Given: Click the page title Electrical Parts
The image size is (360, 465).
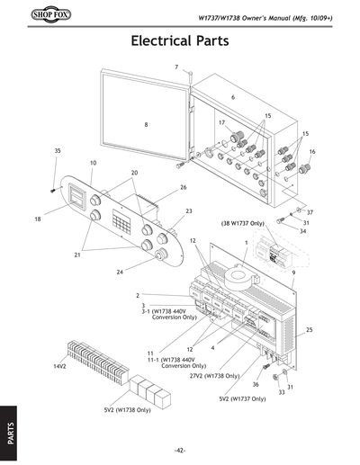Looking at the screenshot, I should coord(180,41).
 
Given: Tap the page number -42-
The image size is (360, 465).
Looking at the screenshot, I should coord(180,450).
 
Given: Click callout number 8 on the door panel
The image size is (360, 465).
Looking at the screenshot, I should coord(146,125).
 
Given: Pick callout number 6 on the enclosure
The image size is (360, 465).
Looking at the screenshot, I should coord(232,96).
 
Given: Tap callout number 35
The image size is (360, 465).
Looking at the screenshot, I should coord(57,150).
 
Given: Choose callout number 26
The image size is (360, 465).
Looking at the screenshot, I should coord(183,188).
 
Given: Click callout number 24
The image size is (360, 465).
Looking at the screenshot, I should coord(120,272).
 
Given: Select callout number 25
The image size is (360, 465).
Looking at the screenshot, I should coord(309,331).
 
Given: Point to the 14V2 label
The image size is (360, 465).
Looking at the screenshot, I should coord(61,367).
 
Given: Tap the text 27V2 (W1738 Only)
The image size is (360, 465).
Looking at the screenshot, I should coord(214,375).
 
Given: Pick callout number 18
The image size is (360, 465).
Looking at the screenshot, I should coord(38,219).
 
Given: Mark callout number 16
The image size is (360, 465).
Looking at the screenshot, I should coord(312,152).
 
